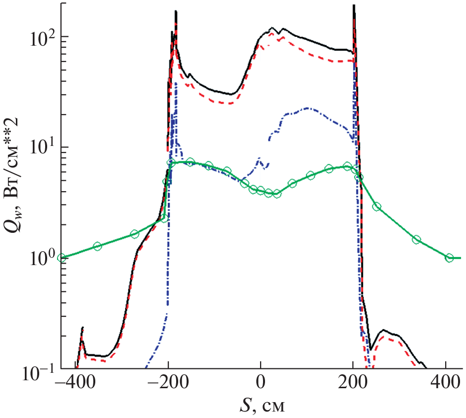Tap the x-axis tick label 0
pos(261,384)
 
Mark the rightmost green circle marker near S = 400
pos(450,258)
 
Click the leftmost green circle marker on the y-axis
pos(62,258)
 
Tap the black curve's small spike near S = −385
pos(82,328)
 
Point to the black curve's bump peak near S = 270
pos(383,330)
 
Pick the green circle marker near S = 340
pos(416,240)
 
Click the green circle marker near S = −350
pos(97,246)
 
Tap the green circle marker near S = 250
pos(377,207)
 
